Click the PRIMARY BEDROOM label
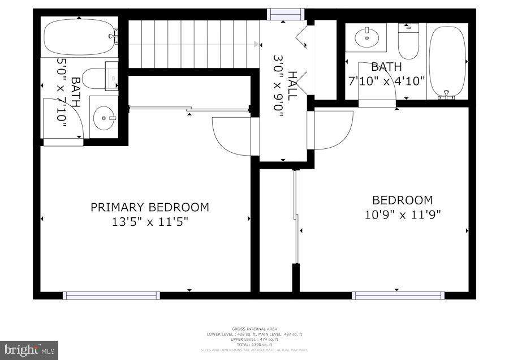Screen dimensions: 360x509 [150, 207]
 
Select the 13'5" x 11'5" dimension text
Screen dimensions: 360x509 [150, 222]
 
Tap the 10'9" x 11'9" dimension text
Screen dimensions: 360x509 [402, 215]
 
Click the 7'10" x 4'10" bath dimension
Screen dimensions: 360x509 [386, 81]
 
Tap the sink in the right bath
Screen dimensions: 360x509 [366, 38]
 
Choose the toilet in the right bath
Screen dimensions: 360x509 [407, 40]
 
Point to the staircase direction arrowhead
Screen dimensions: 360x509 [257, 44]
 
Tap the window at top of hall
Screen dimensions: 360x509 [285, 14]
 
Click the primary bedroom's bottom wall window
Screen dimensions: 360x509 [111, 295]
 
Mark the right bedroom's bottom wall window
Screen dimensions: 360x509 [398, 295]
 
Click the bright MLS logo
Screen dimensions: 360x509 [29, 350]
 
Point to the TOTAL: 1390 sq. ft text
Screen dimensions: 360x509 [255, 344]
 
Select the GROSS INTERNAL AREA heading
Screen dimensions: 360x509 [255, 329]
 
